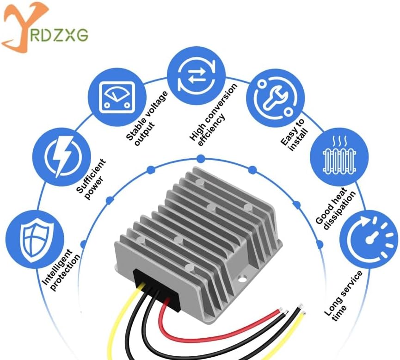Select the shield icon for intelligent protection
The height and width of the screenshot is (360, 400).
click(35, 240)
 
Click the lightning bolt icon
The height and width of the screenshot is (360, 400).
click(62, 157)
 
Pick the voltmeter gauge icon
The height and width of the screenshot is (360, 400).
click(117, 97)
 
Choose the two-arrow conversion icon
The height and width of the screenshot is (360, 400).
click(197, 75)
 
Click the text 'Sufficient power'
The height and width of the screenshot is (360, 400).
click(91, 179)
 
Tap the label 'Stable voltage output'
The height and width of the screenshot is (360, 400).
click(148, 118)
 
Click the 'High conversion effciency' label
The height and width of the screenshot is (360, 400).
click(214, 115)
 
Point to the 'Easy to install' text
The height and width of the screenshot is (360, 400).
click(294, 135)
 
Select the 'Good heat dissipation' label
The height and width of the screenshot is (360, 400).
click(335, 209)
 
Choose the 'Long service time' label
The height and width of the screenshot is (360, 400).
click(344, 296)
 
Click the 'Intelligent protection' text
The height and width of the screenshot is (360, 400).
click(61, 270)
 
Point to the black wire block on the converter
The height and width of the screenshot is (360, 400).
click(156, 289)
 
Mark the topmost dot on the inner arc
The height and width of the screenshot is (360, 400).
click(201, 159)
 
